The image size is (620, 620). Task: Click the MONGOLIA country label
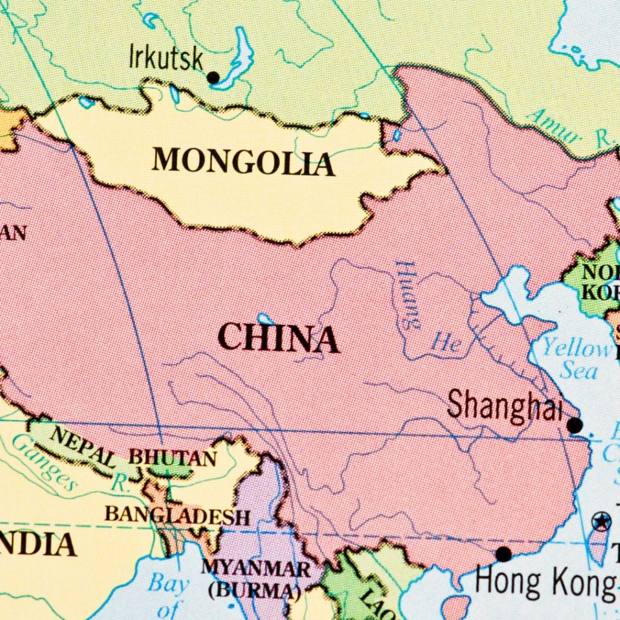point(243,162)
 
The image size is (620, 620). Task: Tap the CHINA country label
point(278,338)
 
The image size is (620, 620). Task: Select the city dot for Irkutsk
point(213,77)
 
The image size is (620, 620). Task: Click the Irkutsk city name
point(166,59)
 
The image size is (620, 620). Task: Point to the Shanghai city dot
point(574,426)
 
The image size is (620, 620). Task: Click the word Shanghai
point(505,405)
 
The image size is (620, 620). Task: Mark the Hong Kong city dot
point(503,553)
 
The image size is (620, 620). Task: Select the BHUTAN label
point(173,458)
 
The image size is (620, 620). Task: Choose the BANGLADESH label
point(177,516)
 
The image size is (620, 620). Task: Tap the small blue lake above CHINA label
point(265,318)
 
